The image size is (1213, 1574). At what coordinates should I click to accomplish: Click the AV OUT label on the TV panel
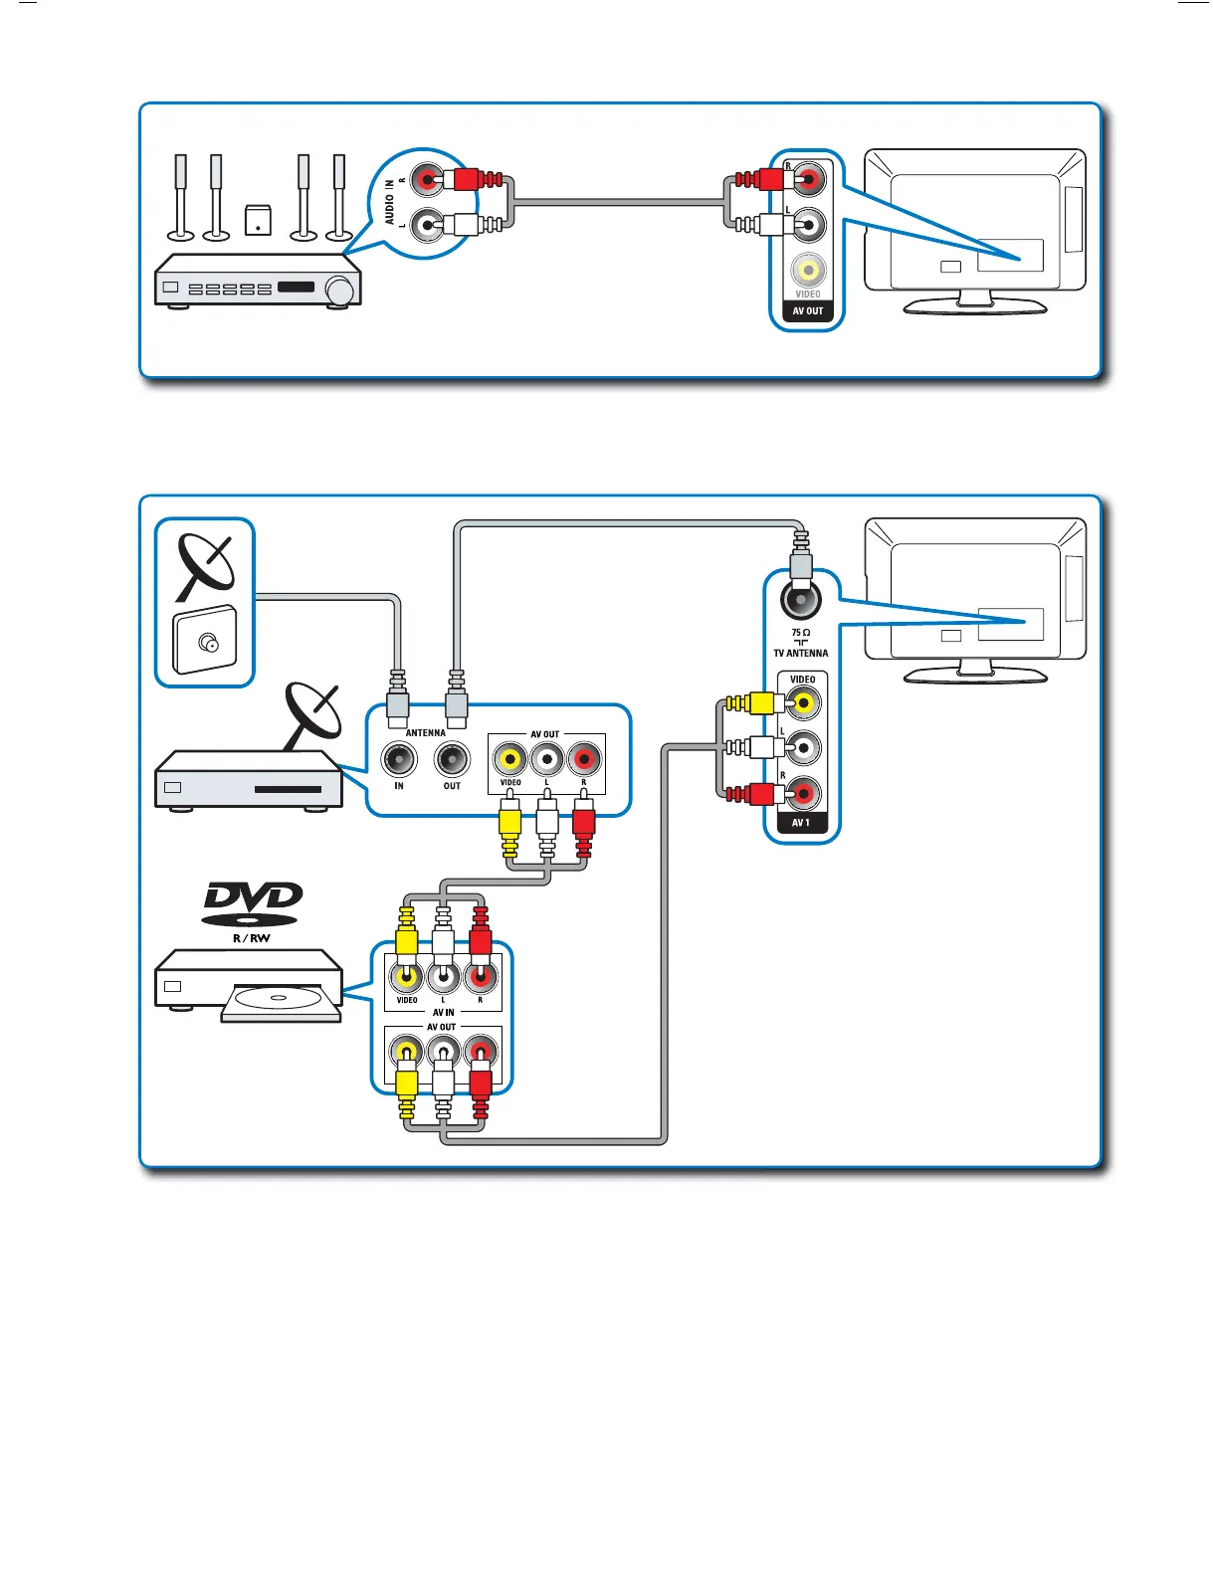(807, 310)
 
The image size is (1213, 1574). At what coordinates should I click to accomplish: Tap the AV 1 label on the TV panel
(801, 823)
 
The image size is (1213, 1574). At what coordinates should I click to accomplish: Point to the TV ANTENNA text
(800, 654)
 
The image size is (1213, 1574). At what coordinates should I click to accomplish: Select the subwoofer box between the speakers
(258, 220)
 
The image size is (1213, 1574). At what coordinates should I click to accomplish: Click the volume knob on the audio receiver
(340, 291)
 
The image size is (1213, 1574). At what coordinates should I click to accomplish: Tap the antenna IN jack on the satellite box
(399, 760)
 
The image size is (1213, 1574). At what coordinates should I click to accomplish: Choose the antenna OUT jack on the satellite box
(452, 760)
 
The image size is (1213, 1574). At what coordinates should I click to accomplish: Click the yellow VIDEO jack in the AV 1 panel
(803, 704)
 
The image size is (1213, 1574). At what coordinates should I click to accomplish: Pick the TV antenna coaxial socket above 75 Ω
(801, 600)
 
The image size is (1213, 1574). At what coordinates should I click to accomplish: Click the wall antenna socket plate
(206, 642)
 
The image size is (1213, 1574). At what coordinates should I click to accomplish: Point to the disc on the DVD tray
(278, 999)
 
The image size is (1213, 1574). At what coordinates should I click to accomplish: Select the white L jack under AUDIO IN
(428, 226)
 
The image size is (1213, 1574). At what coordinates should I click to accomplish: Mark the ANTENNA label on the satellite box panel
(426, 733)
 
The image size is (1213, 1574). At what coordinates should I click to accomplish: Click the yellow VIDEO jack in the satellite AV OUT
(509, 759)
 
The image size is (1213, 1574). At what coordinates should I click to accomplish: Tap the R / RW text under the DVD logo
(252, 938)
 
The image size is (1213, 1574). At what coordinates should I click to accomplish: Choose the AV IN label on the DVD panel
(443, 1012)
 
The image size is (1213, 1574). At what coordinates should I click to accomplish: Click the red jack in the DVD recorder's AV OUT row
(481, 1051)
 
